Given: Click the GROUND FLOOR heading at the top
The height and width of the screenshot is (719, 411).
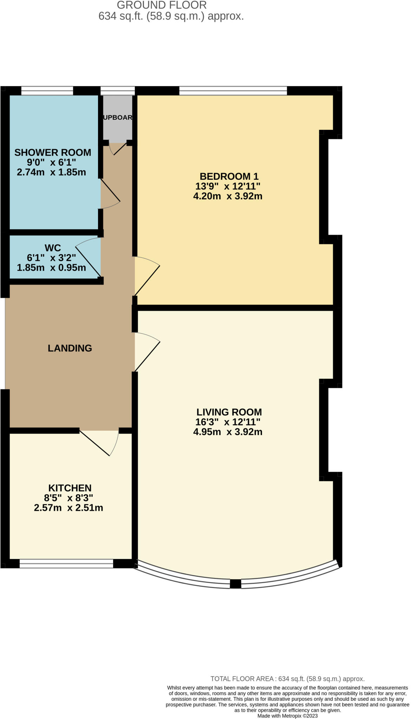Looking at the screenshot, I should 162,5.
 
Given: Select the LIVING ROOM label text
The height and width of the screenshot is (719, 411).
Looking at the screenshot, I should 229,412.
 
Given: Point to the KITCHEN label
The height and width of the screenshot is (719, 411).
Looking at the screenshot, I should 70,488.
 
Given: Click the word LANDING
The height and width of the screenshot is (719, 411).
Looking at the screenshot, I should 70,348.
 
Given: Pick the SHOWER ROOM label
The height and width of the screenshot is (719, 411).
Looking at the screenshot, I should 53,153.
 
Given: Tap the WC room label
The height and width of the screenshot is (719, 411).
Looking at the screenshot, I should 53,248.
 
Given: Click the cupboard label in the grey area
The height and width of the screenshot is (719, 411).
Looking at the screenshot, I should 117,118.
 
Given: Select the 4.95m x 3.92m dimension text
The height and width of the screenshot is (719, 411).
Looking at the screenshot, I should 228,432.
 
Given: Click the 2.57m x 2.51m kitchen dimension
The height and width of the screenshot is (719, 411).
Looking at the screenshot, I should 68,508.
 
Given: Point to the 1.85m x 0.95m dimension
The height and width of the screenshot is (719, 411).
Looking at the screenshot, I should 51,268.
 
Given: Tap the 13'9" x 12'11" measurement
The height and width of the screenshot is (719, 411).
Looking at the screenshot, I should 228,186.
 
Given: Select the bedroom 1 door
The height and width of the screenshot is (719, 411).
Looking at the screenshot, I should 148,277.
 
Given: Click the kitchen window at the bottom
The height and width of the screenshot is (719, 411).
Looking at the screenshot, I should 66,563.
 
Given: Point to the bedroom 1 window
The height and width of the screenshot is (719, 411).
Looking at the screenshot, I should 233,91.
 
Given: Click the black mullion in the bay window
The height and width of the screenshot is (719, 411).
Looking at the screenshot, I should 235,584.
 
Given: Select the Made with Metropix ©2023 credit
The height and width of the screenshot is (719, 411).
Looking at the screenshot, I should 287,716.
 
